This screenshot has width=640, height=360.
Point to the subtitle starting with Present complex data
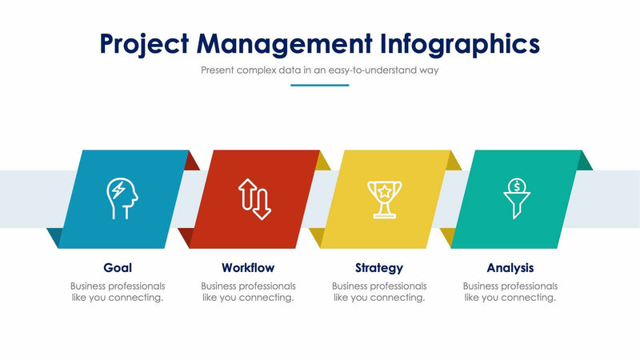coord(319,70)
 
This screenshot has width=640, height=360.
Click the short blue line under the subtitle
coord(319,85)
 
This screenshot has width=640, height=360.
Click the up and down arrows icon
coord(254,199)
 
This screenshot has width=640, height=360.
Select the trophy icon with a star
coord(385,199)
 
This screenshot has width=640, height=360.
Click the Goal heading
coord(118,268)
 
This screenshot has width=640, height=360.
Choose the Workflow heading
coord(248,268)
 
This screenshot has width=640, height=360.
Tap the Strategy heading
coord(379,268)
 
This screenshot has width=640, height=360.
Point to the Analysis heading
coord(510,268)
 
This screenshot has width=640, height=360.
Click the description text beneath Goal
coord(118,292)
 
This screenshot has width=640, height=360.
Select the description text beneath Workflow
coord(248,292)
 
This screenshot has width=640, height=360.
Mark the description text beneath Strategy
coord(379,292)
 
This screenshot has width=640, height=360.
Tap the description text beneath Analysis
coord(510,292)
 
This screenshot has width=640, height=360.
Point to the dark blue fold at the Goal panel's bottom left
coord(54,236)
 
